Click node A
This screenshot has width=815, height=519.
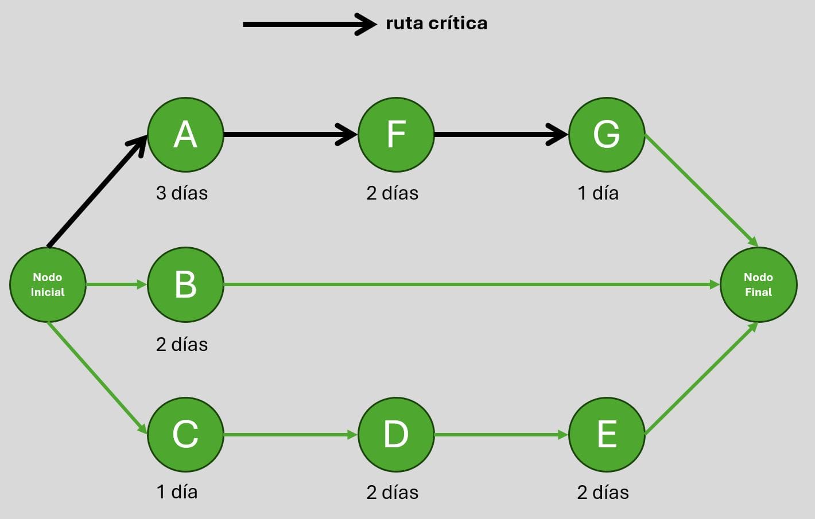click(x=185, y=135)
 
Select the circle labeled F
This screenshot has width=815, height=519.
click(x=396, y=135)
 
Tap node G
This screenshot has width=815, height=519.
click(x=607, y=135)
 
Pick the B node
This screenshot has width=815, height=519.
click(x=185, y=284)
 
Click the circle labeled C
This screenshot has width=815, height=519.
click(x=185, y=435)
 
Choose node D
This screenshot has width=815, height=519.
click(x=396, y=435)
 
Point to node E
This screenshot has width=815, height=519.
click(x=607, y=435)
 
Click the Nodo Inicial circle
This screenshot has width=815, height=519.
click(x=48, y=284)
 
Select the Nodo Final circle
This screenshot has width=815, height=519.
click(x=758, y=284)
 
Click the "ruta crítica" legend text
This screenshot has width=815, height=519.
click(x=436, y=24)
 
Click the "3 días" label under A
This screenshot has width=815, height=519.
click(x=182, y=193)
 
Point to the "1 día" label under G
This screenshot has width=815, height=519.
click(x=598, y=193)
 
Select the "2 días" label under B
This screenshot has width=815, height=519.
click(x=182, y=345)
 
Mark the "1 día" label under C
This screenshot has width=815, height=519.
click(x=177, y=492)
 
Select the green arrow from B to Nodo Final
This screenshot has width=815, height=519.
click(x=471, y=284)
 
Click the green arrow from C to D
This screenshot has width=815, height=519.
click(x=290, y=435)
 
